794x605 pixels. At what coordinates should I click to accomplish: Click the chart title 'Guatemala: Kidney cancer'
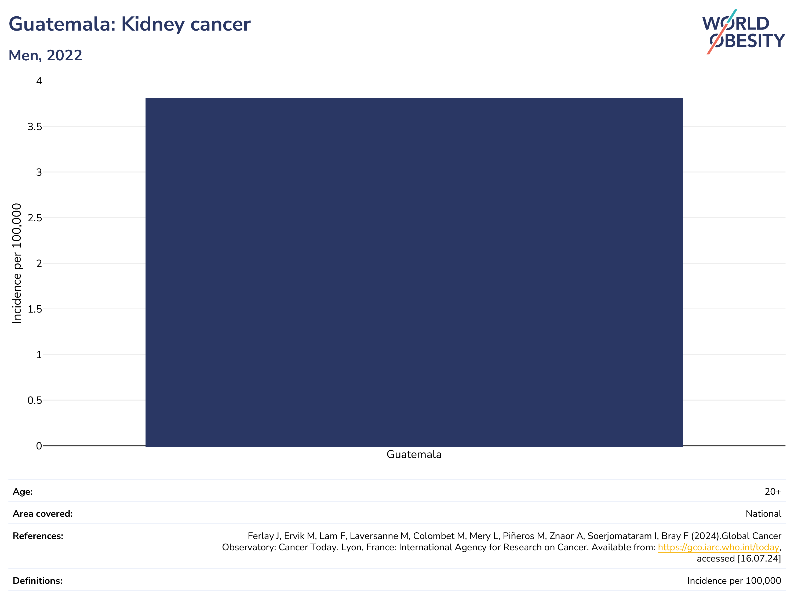point(129,24)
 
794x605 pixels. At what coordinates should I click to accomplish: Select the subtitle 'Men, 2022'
point(45,56)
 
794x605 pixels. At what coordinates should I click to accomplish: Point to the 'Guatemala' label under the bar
point(414,454)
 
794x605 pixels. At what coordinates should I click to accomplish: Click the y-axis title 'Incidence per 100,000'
point(17,263)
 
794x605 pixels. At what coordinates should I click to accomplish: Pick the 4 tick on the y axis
point(39,81)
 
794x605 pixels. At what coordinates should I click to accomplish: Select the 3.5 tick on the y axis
point(35,127)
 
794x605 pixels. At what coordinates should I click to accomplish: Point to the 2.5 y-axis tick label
point(35,218)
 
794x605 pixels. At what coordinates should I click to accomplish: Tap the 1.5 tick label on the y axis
point(35,309)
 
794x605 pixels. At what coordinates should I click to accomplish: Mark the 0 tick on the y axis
point(39,446)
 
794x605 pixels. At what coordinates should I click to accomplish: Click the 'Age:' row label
point(23,492)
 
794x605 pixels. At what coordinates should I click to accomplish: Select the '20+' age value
point(773,492)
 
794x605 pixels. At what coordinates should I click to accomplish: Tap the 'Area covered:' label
point(42,514)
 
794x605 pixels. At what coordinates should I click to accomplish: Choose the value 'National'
point(763,514)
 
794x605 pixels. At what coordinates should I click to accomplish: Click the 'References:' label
point(38,536)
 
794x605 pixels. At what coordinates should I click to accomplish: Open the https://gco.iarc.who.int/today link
point(718,547)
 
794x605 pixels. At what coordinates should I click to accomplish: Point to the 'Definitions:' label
point(38,581)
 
